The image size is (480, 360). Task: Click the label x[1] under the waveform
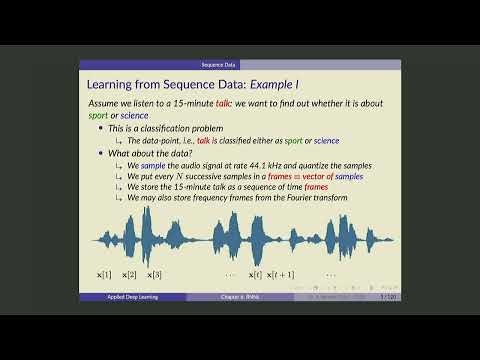click(104, 274)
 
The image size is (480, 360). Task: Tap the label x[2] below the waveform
click(130, 274)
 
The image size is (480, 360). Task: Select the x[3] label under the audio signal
click(155, 274)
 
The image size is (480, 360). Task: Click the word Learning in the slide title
click(113, 86)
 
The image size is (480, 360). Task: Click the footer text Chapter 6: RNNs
click(240, 297)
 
